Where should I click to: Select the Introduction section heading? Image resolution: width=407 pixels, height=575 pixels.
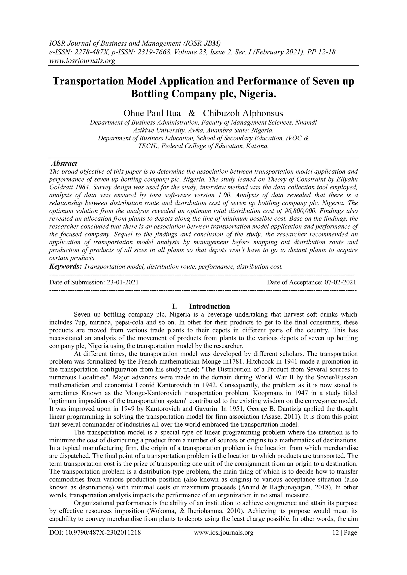(209, 306)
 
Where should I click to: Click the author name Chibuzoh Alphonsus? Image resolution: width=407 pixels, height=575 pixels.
(243, 113)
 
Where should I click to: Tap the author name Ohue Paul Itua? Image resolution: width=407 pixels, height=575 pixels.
(152, 113)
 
